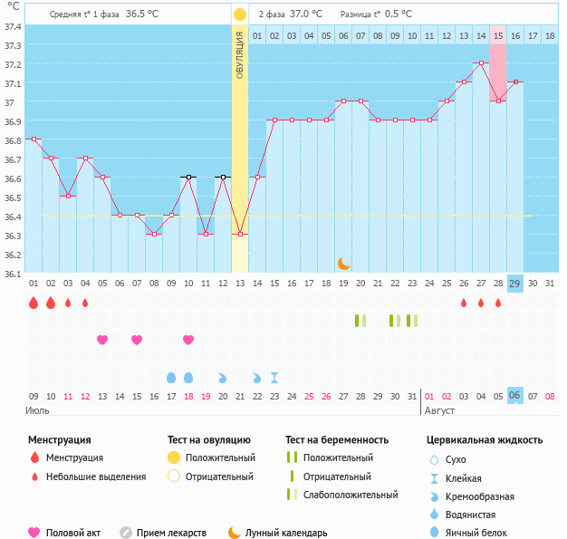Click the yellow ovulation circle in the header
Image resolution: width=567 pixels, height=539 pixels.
[x=239, y=14]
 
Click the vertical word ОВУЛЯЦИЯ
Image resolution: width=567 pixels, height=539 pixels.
[x=240, y=54]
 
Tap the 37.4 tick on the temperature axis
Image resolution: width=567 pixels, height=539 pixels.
[x=14, y=26]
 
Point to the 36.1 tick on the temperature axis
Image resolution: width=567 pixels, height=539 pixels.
[x=14, y=273]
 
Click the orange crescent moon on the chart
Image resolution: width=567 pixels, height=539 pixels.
[x=343, y=263]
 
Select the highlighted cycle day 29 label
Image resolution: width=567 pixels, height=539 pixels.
[x=514, y=284]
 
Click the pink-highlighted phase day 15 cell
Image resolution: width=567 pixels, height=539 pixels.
[x=498, y=35]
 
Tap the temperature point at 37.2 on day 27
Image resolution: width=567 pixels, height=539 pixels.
[x=481, y=63]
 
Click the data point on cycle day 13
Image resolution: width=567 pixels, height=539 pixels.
[x=240, y=235]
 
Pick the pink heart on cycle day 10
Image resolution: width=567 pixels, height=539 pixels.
[x=188, y=340]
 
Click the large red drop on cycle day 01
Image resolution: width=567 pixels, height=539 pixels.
[x=34, y=303]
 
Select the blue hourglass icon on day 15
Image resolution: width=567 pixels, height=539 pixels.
[x=274, y=377]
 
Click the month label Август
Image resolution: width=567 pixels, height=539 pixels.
[x=441, y=410]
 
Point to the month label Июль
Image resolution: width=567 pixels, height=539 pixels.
[x=39, y=410]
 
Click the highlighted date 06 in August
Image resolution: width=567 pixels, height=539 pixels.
[x=514, y=396]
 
